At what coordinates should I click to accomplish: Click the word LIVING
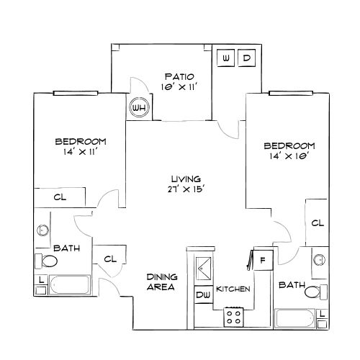point(185,179)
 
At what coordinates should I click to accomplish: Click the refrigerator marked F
point(264,259)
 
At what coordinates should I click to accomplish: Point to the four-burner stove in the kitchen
point(234,315)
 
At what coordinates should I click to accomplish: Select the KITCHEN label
point(233,289)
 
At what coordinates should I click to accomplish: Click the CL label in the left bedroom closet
point(60,197)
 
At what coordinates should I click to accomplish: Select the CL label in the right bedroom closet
point(317,223)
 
